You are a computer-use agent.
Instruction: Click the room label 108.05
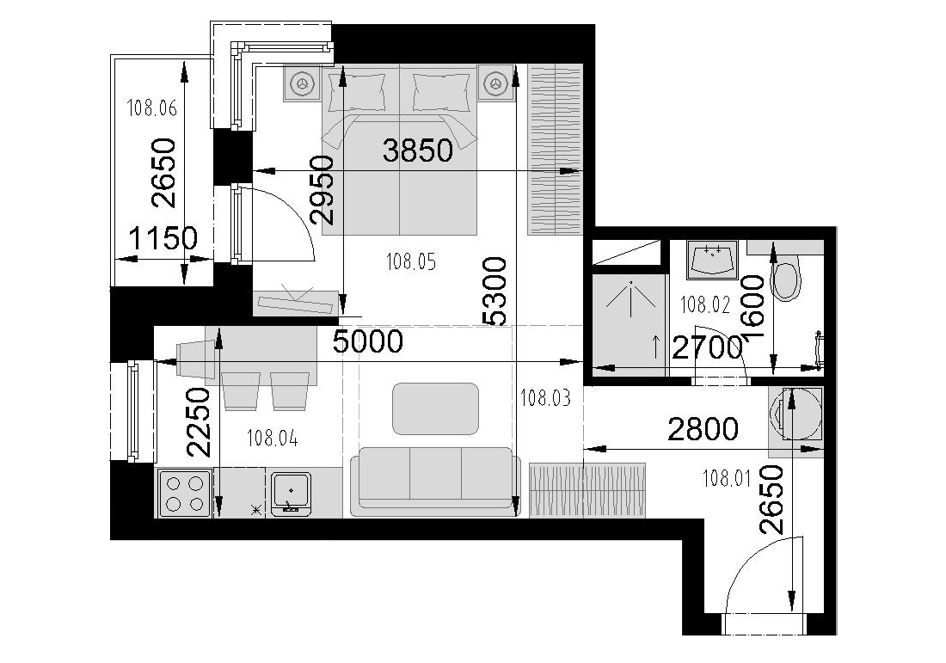pyautogui.click(x=410, y=261)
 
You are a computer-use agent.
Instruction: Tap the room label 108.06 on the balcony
pyautogui.click(x=152, y=108)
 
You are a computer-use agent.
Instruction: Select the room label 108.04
pyautogui.click(x=272, y=439)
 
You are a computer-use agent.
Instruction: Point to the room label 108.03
pyautogui.click(x=545, y=397)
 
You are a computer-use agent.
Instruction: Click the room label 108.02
pyautogui.click(x=704, y=304)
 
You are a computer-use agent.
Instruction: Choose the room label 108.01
pyautogui.click(x=727, y=479)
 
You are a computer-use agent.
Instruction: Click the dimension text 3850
pyautogui.click(x=417, y=150)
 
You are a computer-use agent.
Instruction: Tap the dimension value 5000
pyautogui.click(x=368, y=342)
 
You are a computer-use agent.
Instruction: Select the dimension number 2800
pyautogui.click(x=703, y=430)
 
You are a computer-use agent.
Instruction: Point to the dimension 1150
pyautogui.click(x=163, y=238)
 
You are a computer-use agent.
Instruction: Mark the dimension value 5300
pyautogui.click(x=494, y=292)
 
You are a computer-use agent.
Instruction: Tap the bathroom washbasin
pyautogui.click(x=713, y=260)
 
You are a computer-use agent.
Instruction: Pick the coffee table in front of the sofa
pyautogui.click(x=436, y=408)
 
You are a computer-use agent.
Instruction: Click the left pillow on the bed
pyautogui.click(x=357, y=92)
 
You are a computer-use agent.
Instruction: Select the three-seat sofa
pyautogui.click(x=435, y=482)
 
